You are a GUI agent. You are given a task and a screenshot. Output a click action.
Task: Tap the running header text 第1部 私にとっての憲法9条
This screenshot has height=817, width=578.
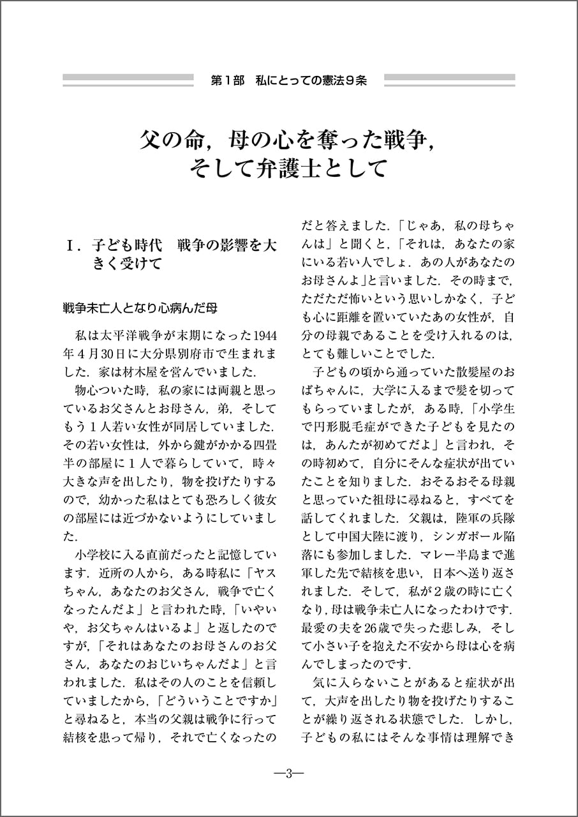click(288, 81)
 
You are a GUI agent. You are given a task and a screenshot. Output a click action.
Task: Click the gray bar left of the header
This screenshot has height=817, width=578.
click(128, 80)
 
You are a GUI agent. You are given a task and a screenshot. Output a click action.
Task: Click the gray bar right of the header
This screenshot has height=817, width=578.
click(450, 80)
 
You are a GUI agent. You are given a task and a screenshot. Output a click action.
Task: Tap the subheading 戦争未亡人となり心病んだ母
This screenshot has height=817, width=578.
click(140, 308)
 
